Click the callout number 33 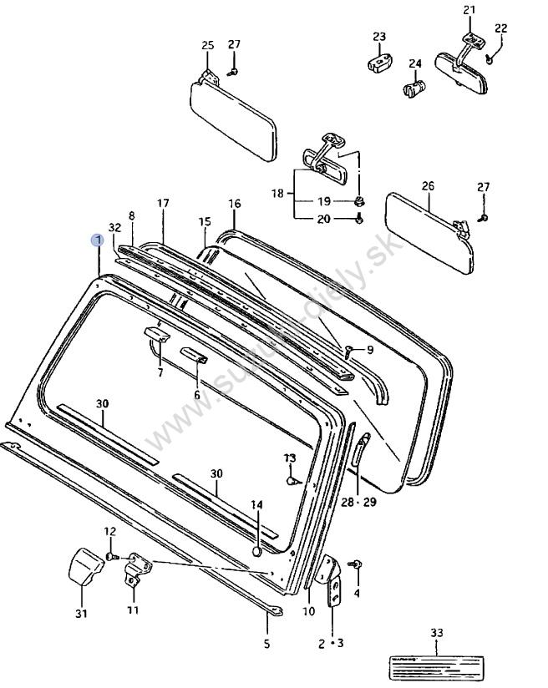click(x=436, y=634)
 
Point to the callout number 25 click(x=208, y=44)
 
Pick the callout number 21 click(x=469, y=10)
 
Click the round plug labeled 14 click(x=257, y=551)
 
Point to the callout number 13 click(x=290, y=458)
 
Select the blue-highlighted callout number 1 click(x=99, y=240)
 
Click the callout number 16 click(x=234, y=204)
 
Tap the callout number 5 click(x=266, y=644)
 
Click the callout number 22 click(x=500, y=28)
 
